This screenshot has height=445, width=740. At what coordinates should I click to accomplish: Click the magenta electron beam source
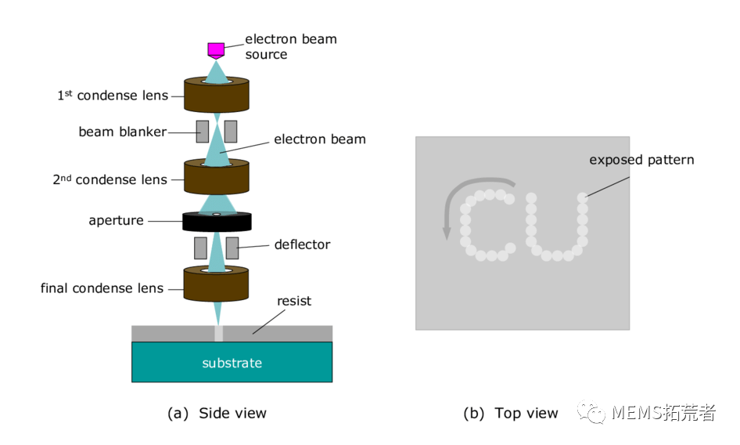click(216, 50)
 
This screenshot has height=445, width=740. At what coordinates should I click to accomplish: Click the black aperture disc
click(217, 222)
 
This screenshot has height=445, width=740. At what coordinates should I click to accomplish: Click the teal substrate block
click(232, 363)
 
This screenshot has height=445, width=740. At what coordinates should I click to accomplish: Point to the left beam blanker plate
click(203, 132)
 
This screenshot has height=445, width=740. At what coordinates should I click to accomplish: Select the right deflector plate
click(232, 248)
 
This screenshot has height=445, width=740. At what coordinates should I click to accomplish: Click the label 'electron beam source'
click(291, 46)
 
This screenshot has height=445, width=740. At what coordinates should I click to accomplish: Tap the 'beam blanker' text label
click(122, 132)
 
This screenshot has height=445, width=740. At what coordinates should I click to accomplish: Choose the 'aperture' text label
click(116, 221)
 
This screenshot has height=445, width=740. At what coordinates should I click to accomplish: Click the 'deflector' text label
click(302, 244)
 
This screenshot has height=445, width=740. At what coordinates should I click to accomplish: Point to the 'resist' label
click(294, 301)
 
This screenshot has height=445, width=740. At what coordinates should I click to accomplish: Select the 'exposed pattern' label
click(641, 160)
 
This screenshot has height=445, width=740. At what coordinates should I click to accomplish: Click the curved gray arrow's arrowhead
click(447, 232)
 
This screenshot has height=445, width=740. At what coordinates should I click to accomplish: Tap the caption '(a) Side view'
click(217, 413)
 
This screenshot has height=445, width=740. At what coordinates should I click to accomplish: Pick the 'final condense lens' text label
click(102, 288)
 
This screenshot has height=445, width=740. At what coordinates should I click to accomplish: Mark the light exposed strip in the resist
click(218, 333)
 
